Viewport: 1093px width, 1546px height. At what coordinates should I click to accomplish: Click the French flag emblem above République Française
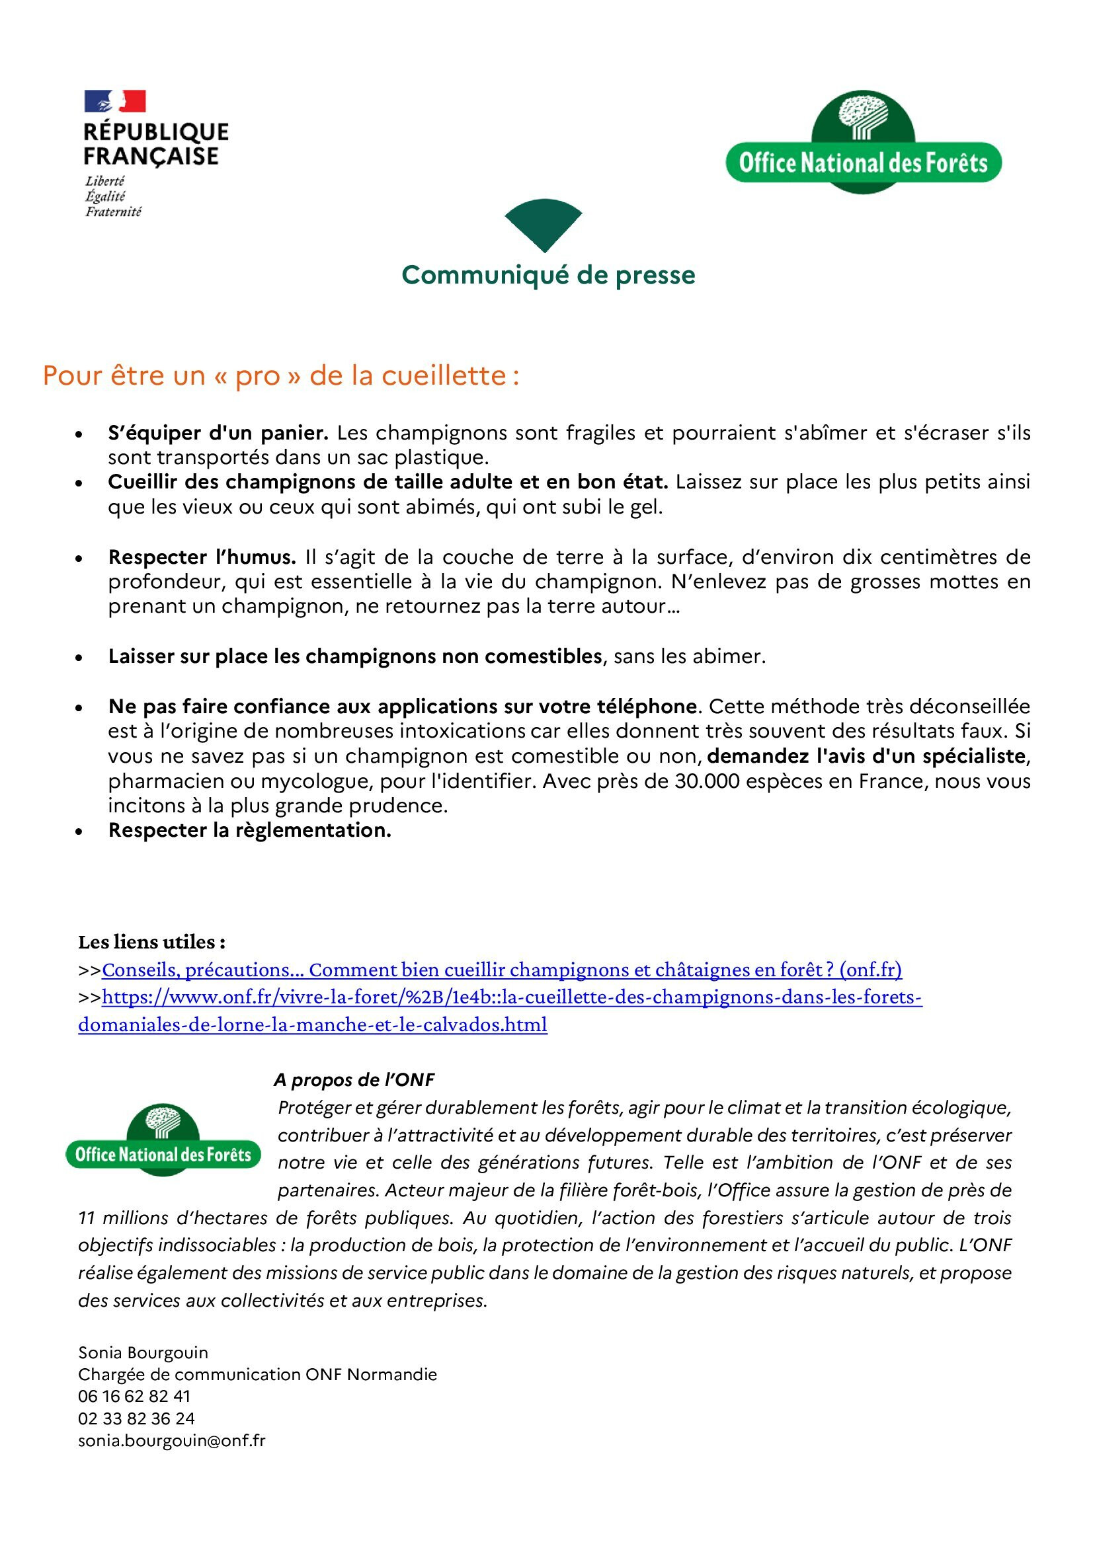click(115, 101)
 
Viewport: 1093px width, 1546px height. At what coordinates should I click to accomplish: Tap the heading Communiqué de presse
click(548, 275)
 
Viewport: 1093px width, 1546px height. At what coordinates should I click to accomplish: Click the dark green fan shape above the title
click(543, 222)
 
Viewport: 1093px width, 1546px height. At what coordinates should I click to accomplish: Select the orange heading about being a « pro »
click(281, 375)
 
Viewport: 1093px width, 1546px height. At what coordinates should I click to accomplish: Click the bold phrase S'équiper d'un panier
click(218, 433)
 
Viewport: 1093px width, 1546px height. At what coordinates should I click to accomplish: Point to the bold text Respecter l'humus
click(202, 558)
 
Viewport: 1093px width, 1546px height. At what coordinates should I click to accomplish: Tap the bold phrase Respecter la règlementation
click(250, 830)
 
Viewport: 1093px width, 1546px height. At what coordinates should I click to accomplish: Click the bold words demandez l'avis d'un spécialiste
click(866, 756)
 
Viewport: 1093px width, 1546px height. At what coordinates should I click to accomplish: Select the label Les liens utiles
click(151, 941)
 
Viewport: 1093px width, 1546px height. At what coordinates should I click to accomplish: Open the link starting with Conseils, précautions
click(502, 970)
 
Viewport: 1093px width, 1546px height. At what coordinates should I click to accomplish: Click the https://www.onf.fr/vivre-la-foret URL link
click(512, 997)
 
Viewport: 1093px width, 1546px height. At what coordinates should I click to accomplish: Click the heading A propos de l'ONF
click(354, 1080)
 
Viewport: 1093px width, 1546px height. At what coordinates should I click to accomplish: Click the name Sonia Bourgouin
click(143, 1353)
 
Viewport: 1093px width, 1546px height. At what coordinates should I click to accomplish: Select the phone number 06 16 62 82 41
click(134, 1397)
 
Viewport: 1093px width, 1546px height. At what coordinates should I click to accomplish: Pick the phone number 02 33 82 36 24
click(136, 1418)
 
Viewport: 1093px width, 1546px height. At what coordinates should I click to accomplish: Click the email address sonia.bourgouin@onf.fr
click(172, 1440)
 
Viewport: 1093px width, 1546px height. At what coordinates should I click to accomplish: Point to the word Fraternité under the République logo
click(113, 212)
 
